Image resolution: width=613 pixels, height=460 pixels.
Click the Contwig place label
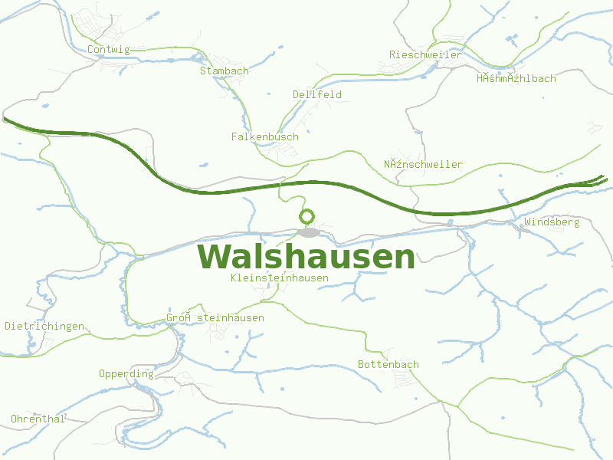coord(109,50)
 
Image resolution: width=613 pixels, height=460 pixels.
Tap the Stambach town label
coord(224,71)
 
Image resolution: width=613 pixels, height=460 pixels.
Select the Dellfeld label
coord(316,94)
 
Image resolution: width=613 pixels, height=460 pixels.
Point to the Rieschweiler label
coord(425,54)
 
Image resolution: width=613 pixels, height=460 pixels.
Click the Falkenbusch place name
coord(264,136)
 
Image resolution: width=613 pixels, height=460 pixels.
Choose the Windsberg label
coord(552,222)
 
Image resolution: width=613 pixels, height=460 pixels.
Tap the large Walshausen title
coord(306,257)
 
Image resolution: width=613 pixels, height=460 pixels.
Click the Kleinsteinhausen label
coord(279,278)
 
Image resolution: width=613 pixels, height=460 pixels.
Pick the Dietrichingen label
coord(44,326)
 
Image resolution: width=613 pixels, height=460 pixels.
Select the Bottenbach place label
coord(388,364)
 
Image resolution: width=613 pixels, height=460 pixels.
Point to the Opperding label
coord(126,374)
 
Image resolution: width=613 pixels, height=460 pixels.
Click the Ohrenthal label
coord(38,419)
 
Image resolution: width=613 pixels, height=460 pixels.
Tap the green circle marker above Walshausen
coord(307,216)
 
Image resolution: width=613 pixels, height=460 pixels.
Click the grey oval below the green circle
coord(309,232)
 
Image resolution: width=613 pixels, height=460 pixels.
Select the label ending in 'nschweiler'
coord(423,164)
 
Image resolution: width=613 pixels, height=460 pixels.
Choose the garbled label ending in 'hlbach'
coord(516,78)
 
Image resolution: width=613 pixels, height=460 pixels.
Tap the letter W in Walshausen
coord(214,257)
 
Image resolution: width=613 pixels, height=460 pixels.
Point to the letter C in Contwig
coord(91,50)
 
